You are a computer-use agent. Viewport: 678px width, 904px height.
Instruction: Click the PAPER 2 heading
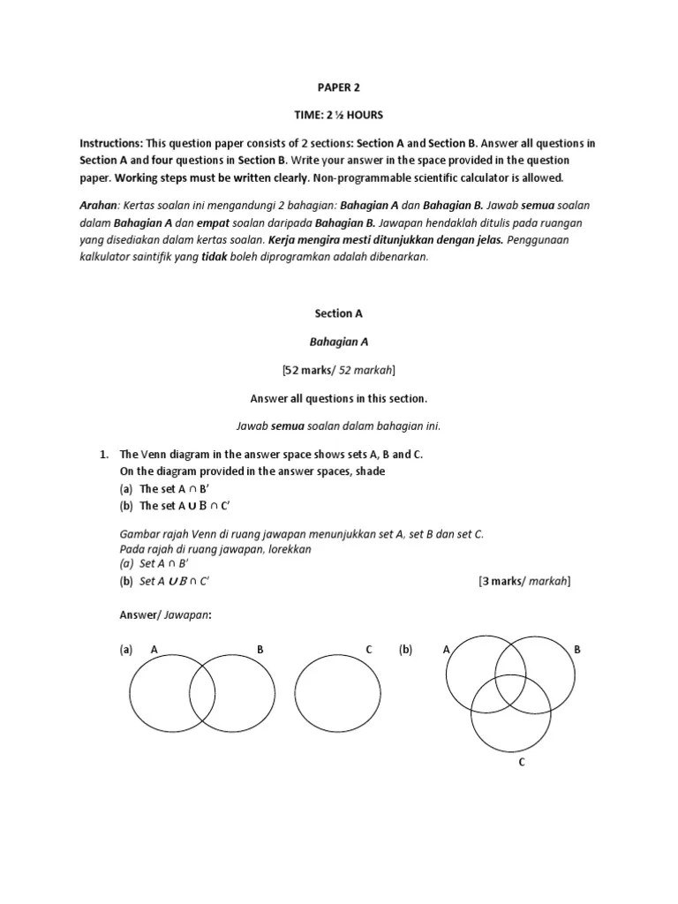(x=339, y=87)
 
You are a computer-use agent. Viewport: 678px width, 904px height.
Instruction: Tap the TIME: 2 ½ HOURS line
(x=339, y=116)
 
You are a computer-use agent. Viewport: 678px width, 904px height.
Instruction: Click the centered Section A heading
(x=339, y=313)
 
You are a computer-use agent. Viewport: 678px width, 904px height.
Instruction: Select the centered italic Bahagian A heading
(x=339, y=341)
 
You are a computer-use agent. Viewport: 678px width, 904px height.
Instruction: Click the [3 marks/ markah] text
(x=524, y=581)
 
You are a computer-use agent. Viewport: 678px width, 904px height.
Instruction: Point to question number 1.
(x=102, y=454)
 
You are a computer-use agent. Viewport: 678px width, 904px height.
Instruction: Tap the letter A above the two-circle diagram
(x=154, y=650)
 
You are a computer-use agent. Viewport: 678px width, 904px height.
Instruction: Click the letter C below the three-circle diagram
(x=522, y=762)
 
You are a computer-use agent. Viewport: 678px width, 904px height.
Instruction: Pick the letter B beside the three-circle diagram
(x=577, y=650)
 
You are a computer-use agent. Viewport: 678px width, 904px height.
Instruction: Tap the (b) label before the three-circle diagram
(x=405, y=650)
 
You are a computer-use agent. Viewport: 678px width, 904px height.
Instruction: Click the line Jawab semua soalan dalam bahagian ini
(x=339, y=426)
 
